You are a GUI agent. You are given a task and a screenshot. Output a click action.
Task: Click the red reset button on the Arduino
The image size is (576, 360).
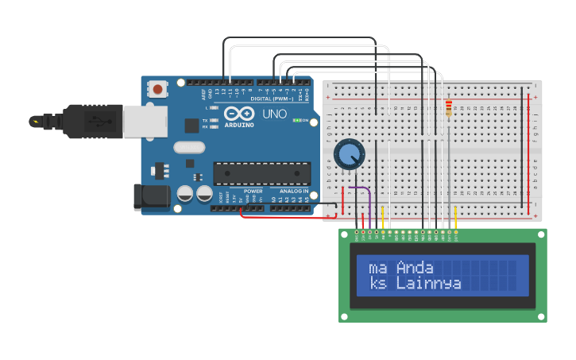[158, 89]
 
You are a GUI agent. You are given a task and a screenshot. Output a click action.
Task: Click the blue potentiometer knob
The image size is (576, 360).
[348, 154]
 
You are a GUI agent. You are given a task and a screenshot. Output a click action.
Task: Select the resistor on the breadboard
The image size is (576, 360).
[449, 108]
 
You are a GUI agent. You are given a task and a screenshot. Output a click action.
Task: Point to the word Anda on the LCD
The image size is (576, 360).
[415, 267]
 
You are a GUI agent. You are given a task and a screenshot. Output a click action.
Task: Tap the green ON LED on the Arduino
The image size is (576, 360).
[296, 120]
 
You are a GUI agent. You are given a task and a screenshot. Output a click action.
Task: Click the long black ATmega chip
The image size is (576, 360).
[261, 173]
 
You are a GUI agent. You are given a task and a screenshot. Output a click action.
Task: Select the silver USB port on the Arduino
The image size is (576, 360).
[145, 120]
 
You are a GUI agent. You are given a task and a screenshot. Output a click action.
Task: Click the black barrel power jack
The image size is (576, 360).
[151, 196]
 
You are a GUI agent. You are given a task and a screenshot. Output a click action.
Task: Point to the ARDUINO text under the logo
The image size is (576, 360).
[239, 125]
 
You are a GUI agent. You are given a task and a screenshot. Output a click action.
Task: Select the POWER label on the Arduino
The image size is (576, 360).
[253, 191]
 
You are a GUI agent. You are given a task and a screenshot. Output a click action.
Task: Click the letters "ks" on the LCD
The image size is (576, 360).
[378, 283]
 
